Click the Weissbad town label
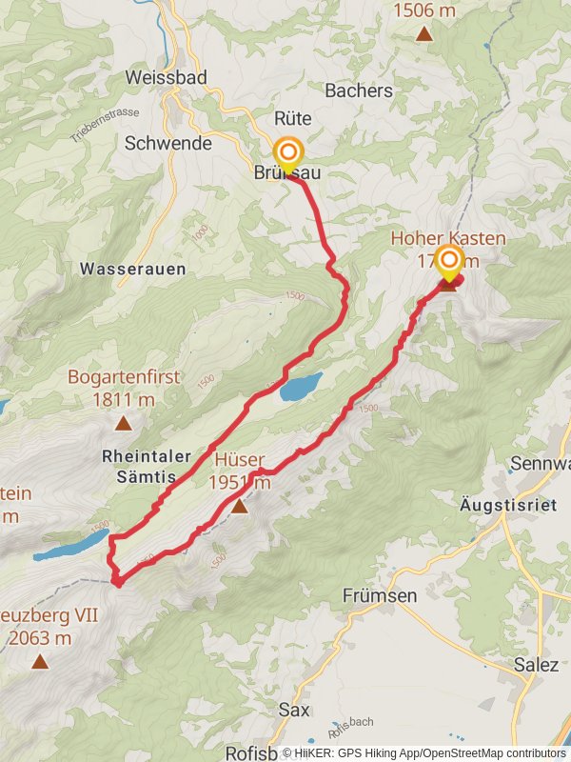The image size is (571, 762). pos(167,77)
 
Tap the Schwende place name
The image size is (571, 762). pos(168,143)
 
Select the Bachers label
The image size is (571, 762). pos(359,90)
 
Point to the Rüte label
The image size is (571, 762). pos(293,119)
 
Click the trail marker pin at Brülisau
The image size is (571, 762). pos(288,154)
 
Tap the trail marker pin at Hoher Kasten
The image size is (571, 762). pos(448,262)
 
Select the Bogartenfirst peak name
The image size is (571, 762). pos(124,377)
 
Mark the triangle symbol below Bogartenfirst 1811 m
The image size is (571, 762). pos(123,424)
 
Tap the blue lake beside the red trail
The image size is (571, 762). pos(301,387)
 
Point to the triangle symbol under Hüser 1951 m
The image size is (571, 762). pos(240,507)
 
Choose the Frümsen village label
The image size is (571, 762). pos(380,595)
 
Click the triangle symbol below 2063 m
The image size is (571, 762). pos(39,661)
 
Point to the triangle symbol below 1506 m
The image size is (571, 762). pos(423,35)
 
